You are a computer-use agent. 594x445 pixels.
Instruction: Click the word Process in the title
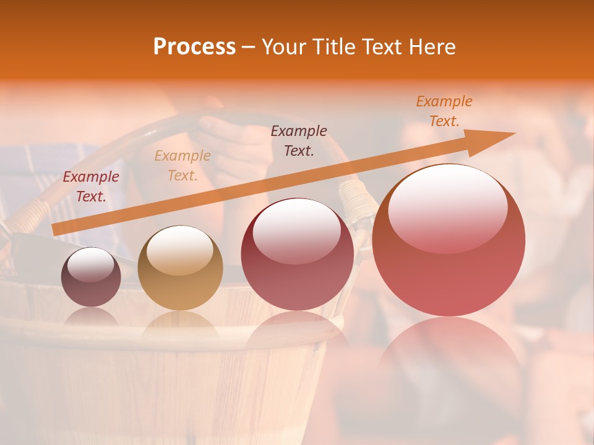pyautogui.click(x=194, y=47)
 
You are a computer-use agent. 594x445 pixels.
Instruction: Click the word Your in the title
pyautogui.click(x=282, y=47)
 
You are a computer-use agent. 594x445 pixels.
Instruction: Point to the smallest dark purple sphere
pyautogui.click(x=91, y=277)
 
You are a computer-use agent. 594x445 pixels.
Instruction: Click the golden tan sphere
pyautogui.click(x=180, y=268)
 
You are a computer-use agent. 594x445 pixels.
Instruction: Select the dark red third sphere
pyautogui.click(x=297, y=254)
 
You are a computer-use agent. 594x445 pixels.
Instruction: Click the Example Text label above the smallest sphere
pyautogui.click(x=91, y=187)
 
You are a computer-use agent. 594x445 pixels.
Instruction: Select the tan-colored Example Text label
pyautogui.click(x=183, y=166)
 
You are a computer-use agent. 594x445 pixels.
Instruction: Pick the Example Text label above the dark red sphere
pyautogui.click(x=299, y=140)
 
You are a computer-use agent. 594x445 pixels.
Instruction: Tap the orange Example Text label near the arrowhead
pyautogui.click(x=444, y=111)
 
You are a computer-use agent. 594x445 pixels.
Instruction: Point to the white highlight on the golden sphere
pyautogui.click(x=180, y=248)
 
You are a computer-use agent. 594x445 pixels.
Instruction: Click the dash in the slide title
pyautogui.click(x=249, y=47)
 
